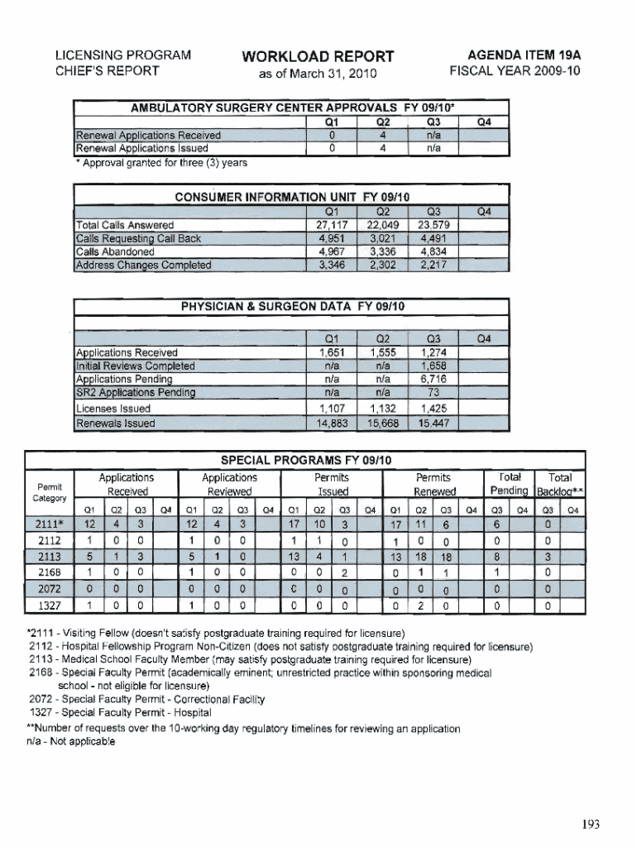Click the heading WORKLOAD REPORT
318,57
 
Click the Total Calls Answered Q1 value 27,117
331,225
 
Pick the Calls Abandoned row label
115,252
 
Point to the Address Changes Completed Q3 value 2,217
434,266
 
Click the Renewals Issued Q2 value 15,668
382,423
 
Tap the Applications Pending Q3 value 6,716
434,379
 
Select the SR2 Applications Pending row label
135,392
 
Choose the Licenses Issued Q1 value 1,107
331,409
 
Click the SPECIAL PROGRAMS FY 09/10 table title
305,460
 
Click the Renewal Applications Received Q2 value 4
382,135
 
